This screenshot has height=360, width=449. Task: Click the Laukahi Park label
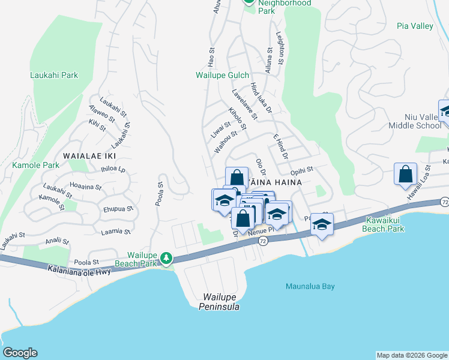coord(54,76)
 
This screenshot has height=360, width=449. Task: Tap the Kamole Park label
coord(35,164)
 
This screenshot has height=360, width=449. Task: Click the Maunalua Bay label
coord(310,286)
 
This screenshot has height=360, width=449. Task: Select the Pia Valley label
coord(415,26)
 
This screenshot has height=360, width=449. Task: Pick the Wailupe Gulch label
coord(223,76)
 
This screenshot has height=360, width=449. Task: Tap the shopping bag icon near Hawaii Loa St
coord(405,174)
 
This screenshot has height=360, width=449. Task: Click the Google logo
coord(20,353)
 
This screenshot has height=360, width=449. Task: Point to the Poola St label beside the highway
coord(86,263)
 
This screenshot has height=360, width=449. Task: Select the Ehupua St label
coord(118,209)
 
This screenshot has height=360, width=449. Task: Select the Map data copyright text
coord(412,355)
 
